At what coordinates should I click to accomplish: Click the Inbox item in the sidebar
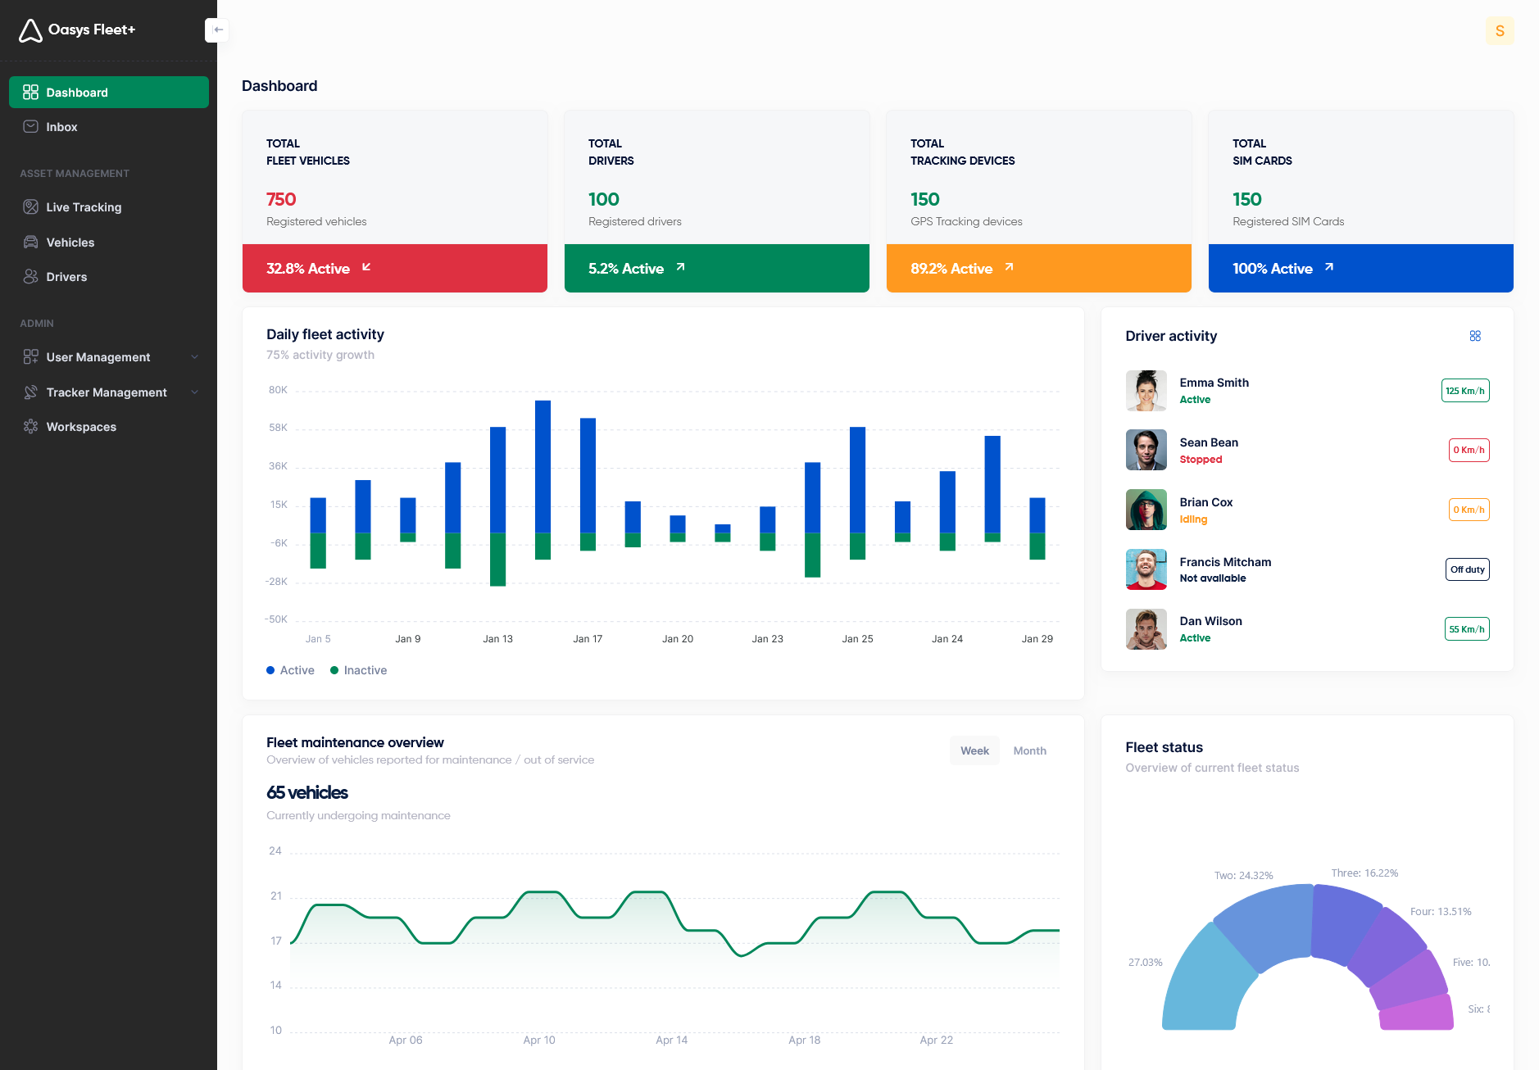click(x=61, y=127)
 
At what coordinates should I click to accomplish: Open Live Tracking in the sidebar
click(x=84, y=207)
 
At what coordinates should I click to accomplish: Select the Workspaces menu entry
click(x=81, y=427)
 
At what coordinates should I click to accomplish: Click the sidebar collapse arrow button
click(x=217, y=30)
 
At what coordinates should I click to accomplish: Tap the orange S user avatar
click(x=1499, y=31)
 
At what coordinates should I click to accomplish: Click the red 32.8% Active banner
click(x=394, y=269)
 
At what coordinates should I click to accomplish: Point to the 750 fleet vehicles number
click(x=281, y=199)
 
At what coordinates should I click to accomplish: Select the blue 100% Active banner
click(x=1360, y=269)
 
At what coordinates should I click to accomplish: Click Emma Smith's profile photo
click(x=1146, y=391)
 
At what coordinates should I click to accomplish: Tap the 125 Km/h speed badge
click(x=1464, y=391)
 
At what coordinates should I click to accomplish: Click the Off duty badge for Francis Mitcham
click(x=1467, y=569)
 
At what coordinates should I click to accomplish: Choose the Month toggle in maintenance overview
click(x=1029, y=750)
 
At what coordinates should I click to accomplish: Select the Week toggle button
click(x=974, y=750)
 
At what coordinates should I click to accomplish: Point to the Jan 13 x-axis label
click(x=497, y=639)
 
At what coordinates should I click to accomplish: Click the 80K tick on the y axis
click(x=278, y=390)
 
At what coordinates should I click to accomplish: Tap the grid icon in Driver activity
click(x=1475, y=336)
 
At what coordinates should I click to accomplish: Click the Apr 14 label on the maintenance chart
click(x=671, y=1041)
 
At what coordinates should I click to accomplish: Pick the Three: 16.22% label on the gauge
click(x=1364, y=873)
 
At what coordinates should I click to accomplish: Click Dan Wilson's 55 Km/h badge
click(x=1466, y=629)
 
